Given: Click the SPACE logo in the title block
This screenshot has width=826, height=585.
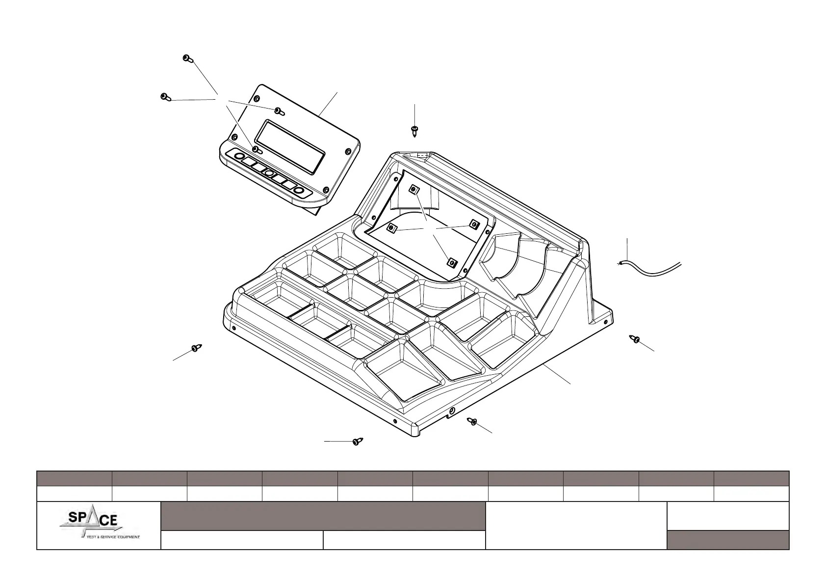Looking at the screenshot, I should click(98, 525).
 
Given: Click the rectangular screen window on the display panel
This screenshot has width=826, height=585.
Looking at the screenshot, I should click(290, 146).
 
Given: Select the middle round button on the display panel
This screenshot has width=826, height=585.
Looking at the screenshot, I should click(269, 173).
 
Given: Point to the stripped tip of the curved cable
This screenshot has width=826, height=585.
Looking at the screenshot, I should click(620, 264).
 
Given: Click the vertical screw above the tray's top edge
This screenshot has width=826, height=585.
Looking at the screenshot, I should click(414, 130).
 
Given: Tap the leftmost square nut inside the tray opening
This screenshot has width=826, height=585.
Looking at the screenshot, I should click(391, 227).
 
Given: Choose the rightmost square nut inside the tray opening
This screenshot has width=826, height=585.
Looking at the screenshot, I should click(474, 224).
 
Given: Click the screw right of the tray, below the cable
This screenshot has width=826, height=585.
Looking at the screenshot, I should click(636, 339).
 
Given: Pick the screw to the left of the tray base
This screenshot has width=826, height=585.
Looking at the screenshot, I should click(197, 348).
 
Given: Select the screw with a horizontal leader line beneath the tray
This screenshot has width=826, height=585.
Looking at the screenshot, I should click(357, 442).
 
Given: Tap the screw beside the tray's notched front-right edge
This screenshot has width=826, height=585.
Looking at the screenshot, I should click(472, 421).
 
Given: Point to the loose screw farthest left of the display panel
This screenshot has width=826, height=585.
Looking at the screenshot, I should click(165, 97).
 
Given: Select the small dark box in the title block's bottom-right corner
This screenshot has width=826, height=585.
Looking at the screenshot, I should click(728, 540).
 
